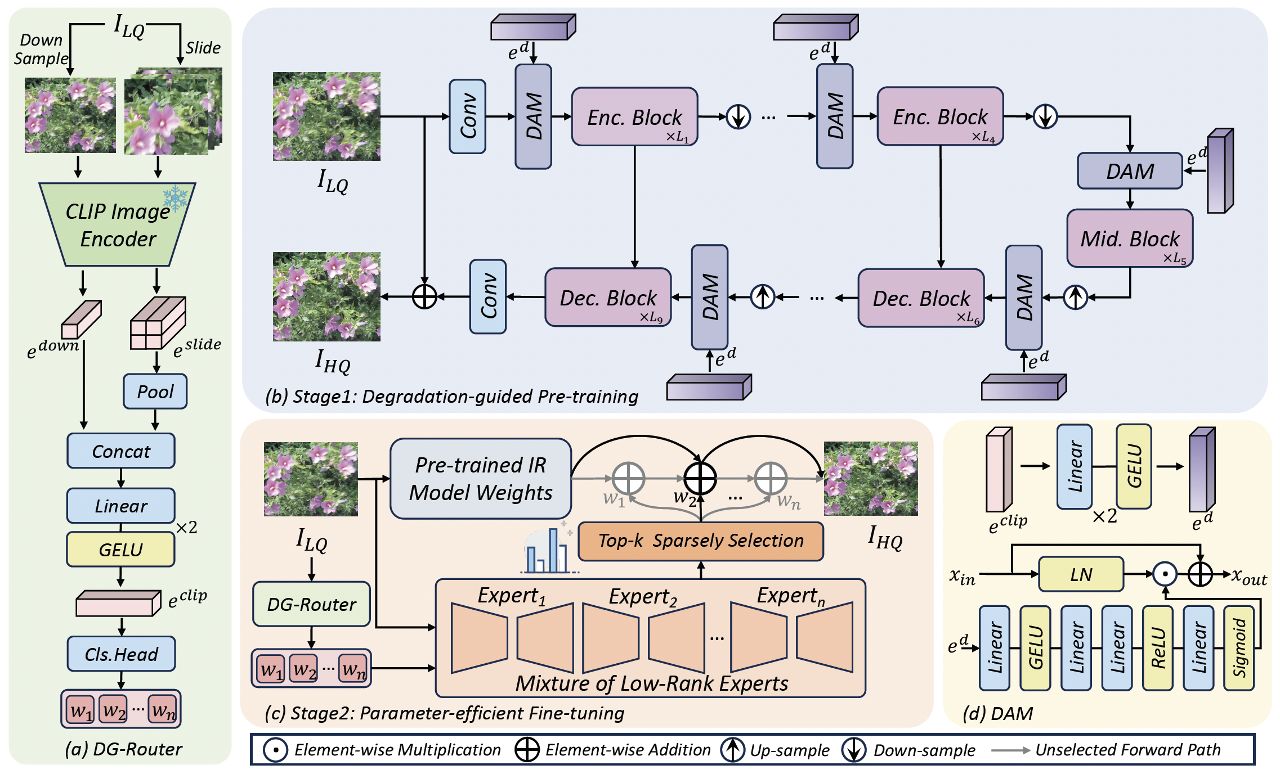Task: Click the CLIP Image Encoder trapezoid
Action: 118,224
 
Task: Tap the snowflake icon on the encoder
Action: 175,198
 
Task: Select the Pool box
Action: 155,391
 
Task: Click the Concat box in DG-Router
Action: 121,451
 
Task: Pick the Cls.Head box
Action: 121,654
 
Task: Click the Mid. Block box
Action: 1130,238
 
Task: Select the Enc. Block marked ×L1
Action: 635,116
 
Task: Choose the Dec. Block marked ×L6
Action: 921,298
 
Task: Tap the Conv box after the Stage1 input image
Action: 468,116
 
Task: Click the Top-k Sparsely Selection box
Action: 701,541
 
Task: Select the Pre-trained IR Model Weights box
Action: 481,479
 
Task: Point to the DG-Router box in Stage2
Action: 311,604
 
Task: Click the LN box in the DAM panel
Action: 1081,574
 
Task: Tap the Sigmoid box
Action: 1239,648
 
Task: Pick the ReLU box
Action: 1158,648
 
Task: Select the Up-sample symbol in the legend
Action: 733,750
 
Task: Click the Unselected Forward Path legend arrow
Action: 1011,750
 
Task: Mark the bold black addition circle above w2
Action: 700,478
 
